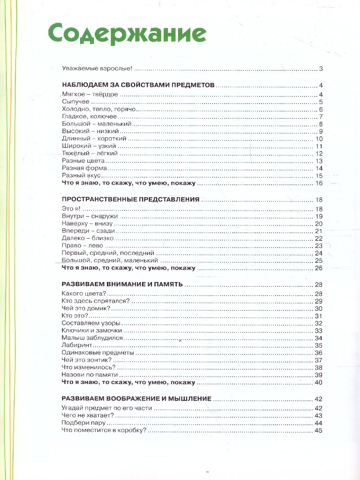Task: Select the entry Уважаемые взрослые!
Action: pyautogui.click(x=97, y=69)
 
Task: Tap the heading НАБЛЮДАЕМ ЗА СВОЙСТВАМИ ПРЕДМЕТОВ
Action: pyautogui.click(x=139, y=85)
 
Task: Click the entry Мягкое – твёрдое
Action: pyautogui.click(x=90, y=95)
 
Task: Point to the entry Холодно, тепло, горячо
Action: pyautogui.click(x=100, y=110)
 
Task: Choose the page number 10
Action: pyautogui.click(x=319, y=139)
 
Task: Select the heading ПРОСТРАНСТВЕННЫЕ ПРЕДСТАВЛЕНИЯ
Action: pyautogui.click(x=131, y=200)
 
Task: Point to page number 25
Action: pyautogui.click(x=319, y=260)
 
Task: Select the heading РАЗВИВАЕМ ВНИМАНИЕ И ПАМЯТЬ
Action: pyautogui.click(x=122, y=284)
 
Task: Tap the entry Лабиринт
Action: pyautogui.click(x=78, y=346)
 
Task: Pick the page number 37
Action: pyautogui.click(x=319, y=360)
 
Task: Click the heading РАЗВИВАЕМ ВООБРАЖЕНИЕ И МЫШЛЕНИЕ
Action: pyautogui.click(x=136, y=399)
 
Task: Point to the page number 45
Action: pyautogui.click(x=319, y=431)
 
